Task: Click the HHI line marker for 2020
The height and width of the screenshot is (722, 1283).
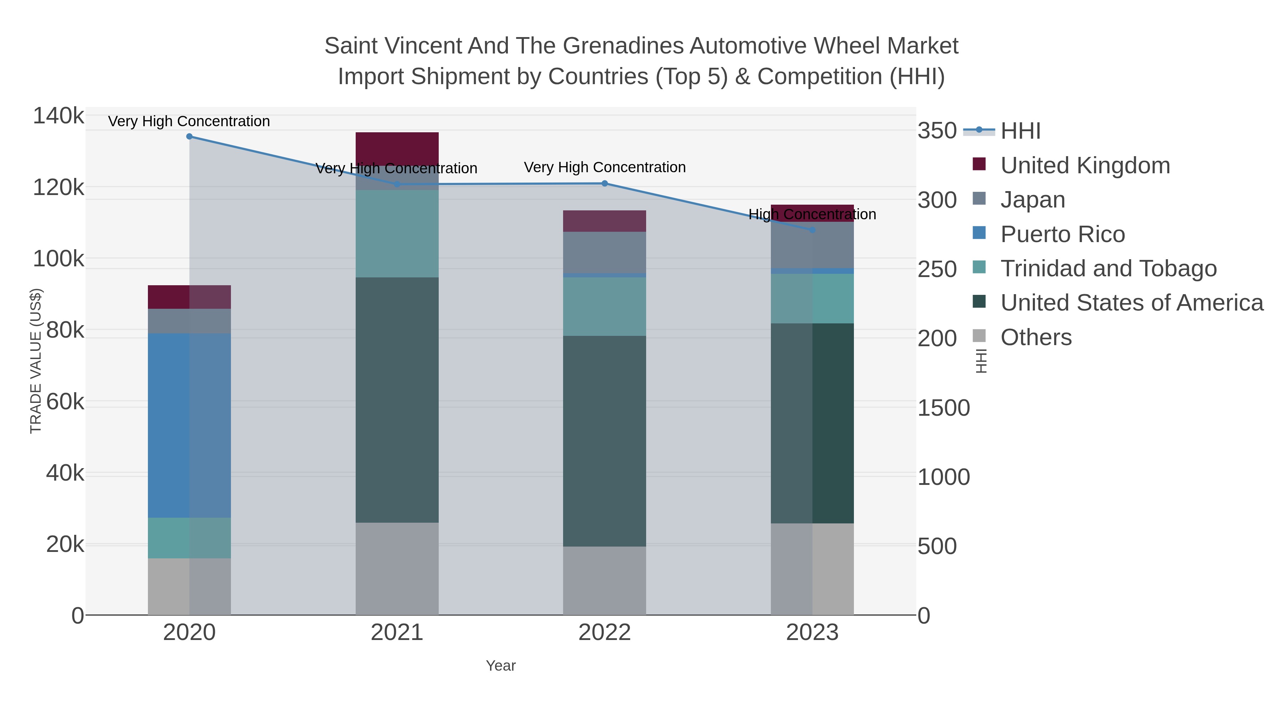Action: (x=189, y=136)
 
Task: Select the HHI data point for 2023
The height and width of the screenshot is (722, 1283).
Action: (x=812, y=230)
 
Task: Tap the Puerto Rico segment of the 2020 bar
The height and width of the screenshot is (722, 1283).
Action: (x=189, y=425)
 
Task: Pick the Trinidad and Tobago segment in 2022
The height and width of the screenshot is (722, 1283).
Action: (x=605, y=306)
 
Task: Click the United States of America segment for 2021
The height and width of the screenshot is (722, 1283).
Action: (x=397, y=400)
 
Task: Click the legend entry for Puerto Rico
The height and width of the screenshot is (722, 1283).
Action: (x=1062, y=234)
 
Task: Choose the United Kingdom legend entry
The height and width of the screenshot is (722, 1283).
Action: (x=1085, y=165)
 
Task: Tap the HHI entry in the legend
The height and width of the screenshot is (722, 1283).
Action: (x=1020, y=131)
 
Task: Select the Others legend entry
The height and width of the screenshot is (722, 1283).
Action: (x=1036, y=337)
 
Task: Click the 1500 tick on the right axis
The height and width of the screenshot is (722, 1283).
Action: (x=943, y=408)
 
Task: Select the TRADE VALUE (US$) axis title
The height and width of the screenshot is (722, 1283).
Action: (x=36, y=361)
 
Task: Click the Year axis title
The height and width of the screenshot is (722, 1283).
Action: (x=501, y=666)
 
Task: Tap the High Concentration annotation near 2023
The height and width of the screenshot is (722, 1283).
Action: (x=812, y=214)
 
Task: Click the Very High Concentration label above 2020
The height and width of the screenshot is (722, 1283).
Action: (x=189, y=121)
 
